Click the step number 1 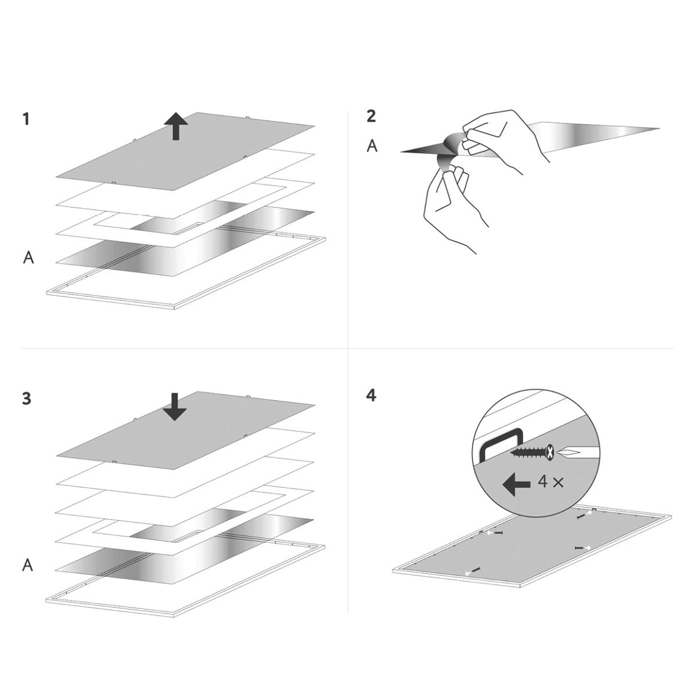26,119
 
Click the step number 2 371,116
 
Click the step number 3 26,398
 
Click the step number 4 371,396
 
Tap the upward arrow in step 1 176,126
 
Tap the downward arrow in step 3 175,407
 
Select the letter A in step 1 28,258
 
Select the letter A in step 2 372,146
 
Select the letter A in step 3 28,565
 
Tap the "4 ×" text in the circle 550,482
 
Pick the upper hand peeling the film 506,141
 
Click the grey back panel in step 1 185,151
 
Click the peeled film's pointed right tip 659,128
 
